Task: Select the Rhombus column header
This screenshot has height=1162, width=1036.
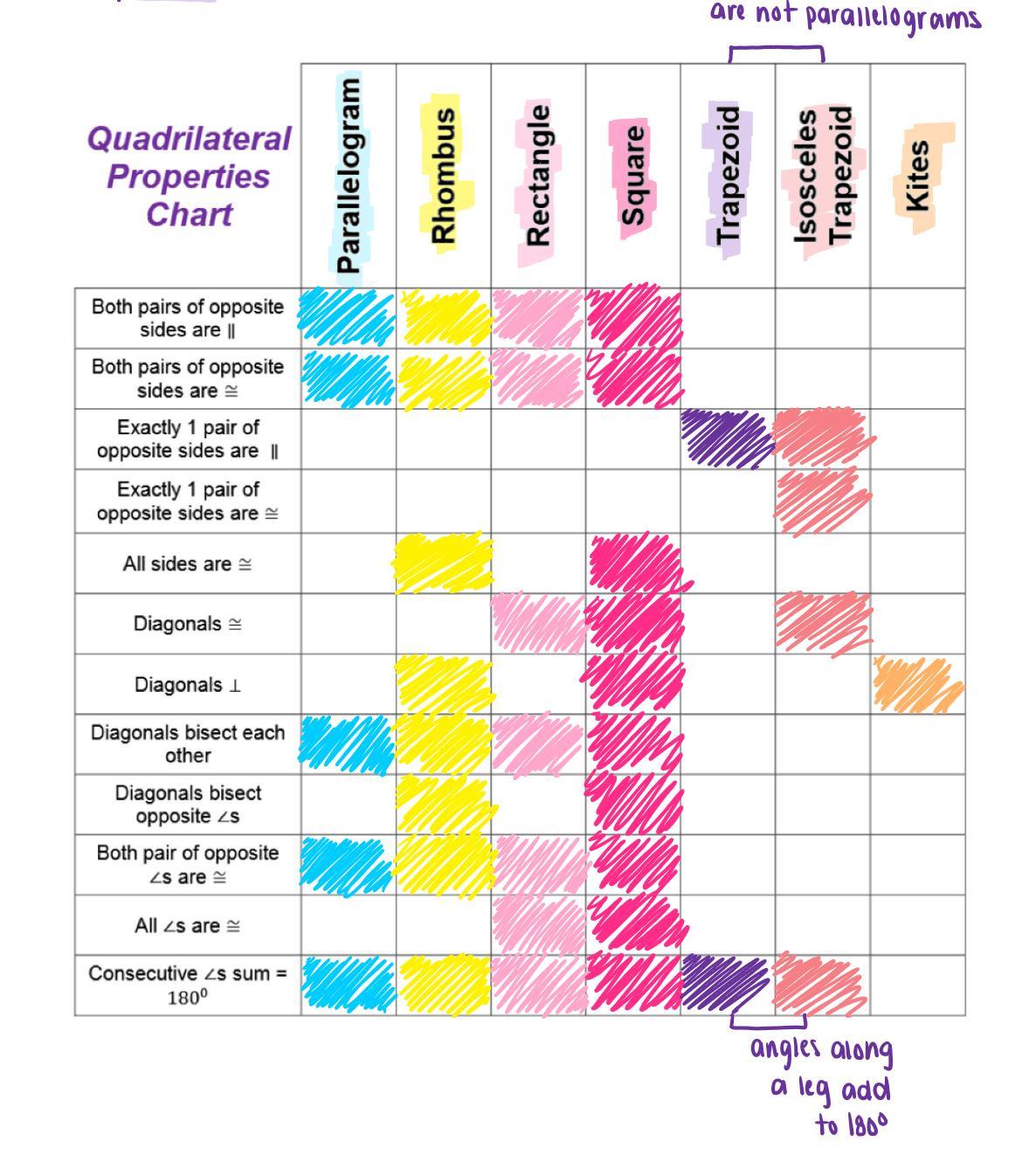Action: (x=444, y=175)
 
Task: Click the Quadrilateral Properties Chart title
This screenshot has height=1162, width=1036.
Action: (x=189, y=176)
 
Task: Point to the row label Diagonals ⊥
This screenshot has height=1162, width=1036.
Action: (x=188, y=685)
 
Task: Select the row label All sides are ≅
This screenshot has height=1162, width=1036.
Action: (x=188, y=564)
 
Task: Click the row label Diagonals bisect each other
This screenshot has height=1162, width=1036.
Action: (x=188, y=744)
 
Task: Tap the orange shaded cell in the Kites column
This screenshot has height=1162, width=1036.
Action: (x=917, y=684)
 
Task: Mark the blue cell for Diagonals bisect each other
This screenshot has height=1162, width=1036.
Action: (x=348, y=744)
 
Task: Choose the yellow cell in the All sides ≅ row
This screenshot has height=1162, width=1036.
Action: (x=443, y=564)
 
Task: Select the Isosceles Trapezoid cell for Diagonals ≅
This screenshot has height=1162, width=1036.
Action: (x=822, y=624)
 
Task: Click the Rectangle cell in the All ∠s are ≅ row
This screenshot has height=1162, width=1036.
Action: (x=538, y=925)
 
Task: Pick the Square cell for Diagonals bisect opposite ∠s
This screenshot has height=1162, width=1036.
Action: (x=633, y=805)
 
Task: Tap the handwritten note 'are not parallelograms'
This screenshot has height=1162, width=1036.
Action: (x=845, y=16)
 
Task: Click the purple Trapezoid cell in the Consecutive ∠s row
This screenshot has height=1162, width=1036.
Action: (x=726, y=984)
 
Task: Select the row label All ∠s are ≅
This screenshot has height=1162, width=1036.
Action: (x=188, y=926)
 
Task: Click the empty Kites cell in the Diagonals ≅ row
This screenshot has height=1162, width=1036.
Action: (x=917, y=624)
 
